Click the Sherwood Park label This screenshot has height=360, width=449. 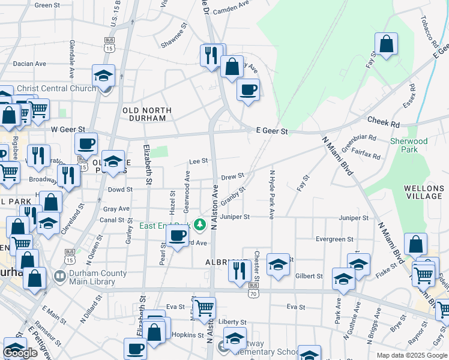(x=409, y=145)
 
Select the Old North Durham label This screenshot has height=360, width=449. (x=146, y=114)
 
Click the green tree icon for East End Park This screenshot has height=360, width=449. (x=200, y=226)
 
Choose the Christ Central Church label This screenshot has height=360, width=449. (x=56, y=89)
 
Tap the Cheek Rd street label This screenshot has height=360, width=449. (x=388, y=121)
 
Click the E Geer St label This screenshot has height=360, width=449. (x=272, y=131)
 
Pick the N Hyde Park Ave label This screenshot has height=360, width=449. (x=271, y=194)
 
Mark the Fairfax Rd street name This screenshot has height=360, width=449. (x=366, y=154)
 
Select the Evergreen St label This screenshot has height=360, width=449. (x=334, y=239)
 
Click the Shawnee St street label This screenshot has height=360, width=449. (x=174, y=35)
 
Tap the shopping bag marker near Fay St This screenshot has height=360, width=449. (x=386, y=44)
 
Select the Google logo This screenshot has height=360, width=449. (x=21, y=353)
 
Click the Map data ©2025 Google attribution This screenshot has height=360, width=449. (x=412, y=355)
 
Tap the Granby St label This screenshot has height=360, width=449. (x=234, y=195)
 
